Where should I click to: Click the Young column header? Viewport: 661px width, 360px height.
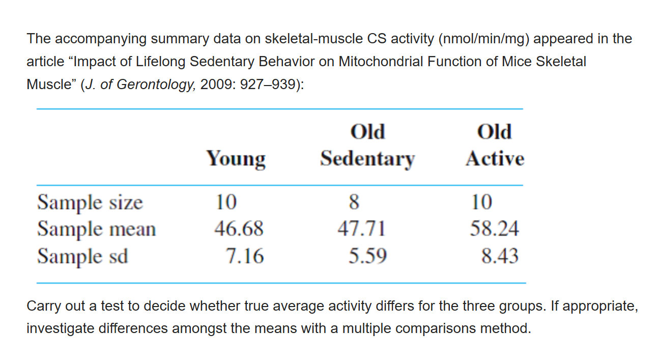(x=236, y=159)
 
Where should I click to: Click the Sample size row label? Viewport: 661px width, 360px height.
(x=90, y=202)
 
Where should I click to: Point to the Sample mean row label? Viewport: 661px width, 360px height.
(x=96, y=229)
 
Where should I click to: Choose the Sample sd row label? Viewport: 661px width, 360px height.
(x=82, y=255)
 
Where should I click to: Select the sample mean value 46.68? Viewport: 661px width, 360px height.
(x=239, y=229)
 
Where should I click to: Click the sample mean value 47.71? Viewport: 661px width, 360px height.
(x=361, y=229)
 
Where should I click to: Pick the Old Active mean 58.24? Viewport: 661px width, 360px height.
(x=494, y=229)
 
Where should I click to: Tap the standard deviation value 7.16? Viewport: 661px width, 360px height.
(x=245, y=255)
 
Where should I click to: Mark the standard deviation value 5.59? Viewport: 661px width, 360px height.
(x=367, y=255)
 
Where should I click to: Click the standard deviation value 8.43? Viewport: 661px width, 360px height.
(x=500, y=255)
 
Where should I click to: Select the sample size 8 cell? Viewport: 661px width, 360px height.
(x=354, y=202)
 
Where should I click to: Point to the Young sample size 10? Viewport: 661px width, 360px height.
(x=226, y=202)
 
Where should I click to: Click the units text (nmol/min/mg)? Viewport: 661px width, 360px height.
(x=486, y=39)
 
